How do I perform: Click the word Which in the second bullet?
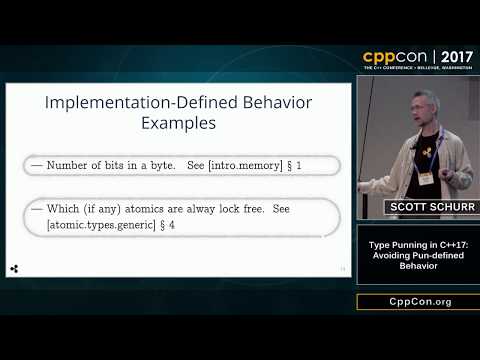click(65, 210)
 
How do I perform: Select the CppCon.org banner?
click(417, 301)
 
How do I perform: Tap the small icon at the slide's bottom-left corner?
click(14, 269)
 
